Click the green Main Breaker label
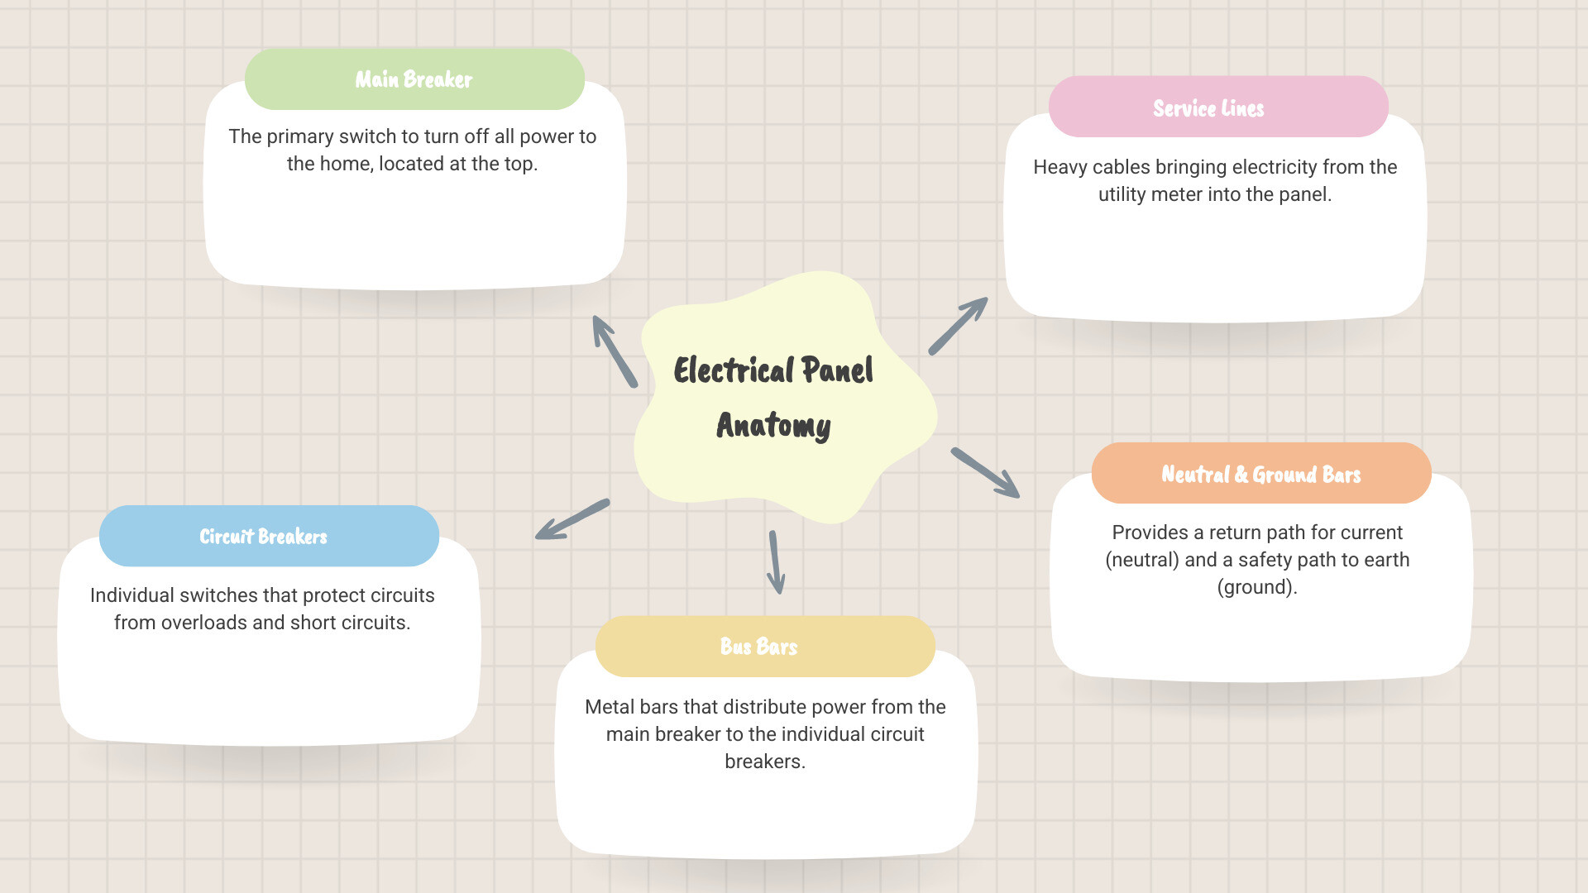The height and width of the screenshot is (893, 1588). point(414,79)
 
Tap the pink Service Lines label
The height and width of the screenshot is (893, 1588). point(1218,107)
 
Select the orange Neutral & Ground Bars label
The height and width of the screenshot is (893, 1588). point(1261,473)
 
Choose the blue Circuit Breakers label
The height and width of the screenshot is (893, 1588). point(269,536)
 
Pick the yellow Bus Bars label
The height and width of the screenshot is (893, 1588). point(765,647)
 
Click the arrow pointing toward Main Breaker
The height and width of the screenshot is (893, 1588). point(615,351)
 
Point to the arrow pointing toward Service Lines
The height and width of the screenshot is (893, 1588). point(958,326)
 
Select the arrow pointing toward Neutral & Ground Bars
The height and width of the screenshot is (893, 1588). point(985,473)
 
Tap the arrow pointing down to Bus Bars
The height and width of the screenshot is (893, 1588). point(776,562)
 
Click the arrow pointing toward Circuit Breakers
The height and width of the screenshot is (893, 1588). point(572,519)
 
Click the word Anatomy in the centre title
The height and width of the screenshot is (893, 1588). point(773,426)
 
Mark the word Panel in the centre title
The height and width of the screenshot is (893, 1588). point(837,370)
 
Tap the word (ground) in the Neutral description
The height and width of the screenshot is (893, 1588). point(1257,587)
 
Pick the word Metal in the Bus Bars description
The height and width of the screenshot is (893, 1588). point(610,707)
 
